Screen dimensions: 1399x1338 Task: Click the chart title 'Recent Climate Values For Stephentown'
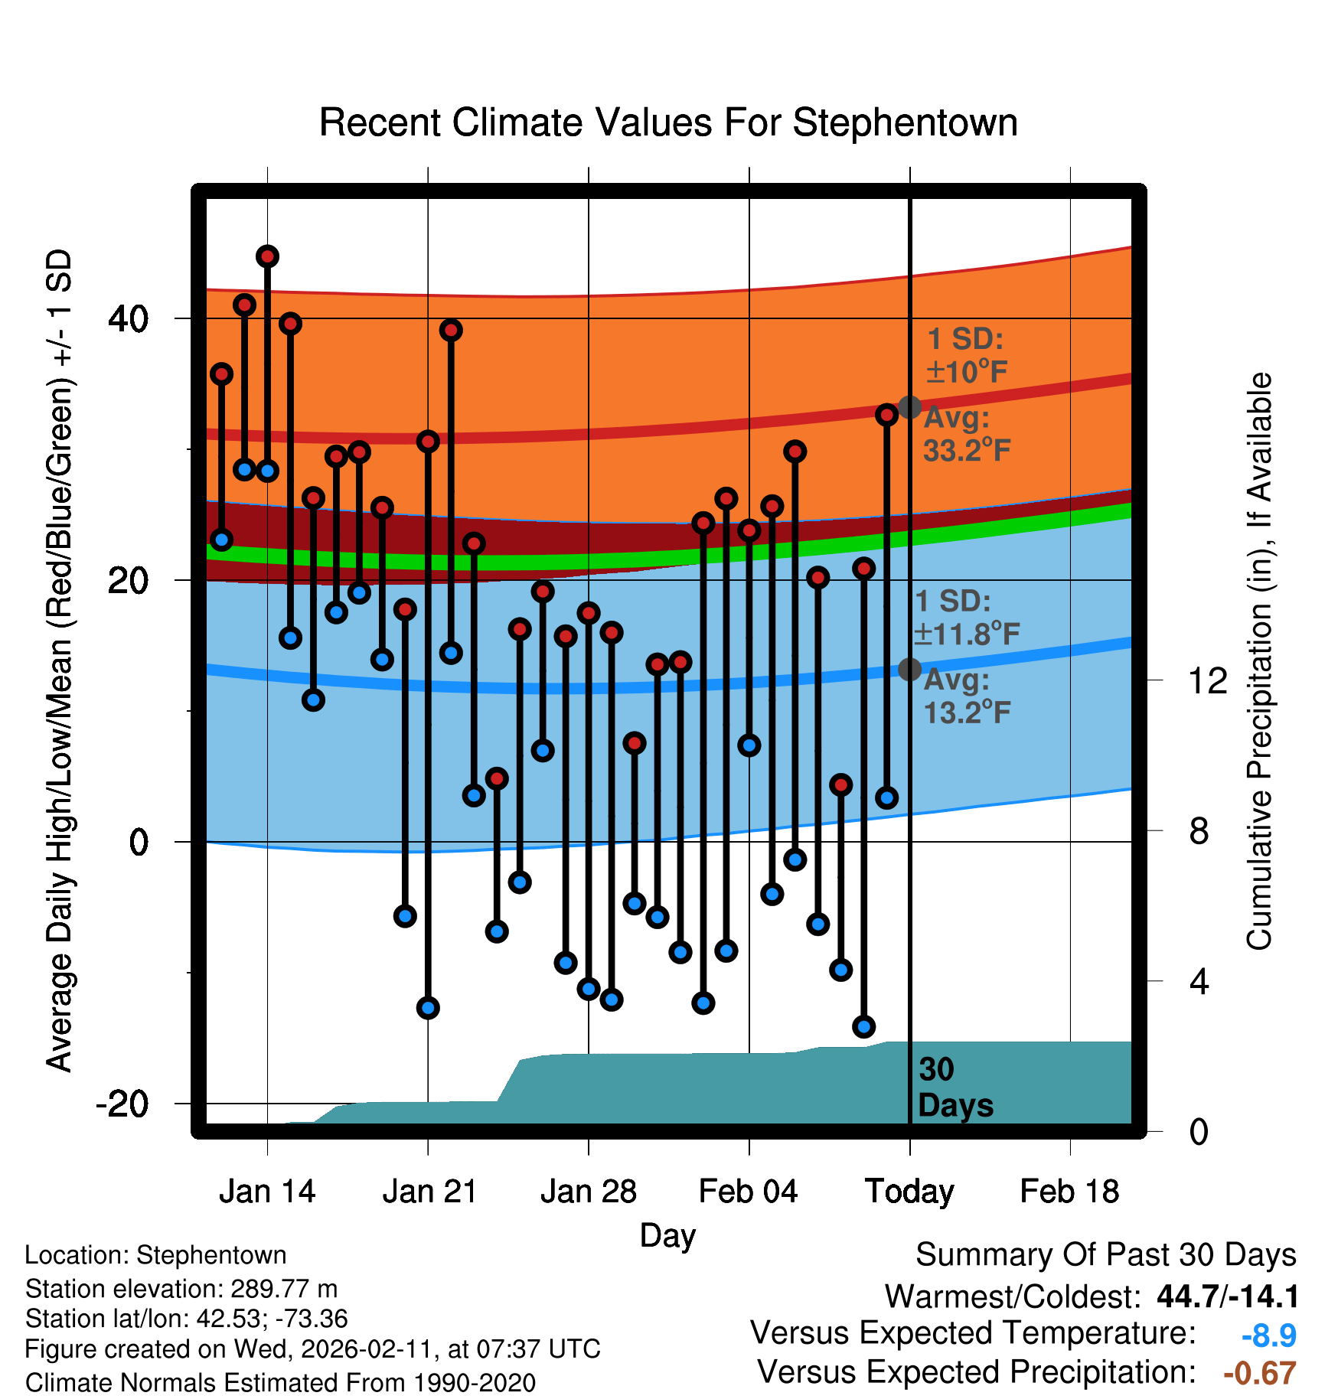click(x=668, y=123)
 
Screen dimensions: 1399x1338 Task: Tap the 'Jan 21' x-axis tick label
click(x=429, y=1192)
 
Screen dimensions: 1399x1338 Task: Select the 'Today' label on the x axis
click(x=909, y=1192)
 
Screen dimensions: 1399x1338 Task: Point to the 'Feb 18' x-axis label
click(x=1069, y=1192)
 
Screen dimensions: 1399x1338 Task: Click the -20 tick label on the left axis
click(x=122, y=1104)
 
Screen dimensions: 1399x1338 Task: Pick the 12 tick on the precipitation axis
click(x=1208, y=680)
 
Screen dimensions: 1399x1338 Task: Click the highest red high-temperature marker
click(x=267, y=256)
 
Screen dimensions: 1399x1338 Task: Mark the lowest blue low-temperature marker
click(x=864, y=1026)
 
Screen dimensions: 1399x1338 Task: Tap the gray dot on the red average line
click(x=909, y=407)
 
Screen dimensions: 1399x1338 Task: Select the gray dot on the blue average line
click(x=909, y=670)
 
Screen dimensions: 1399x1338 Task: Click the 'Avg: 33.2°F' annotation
click(x=966, y=434)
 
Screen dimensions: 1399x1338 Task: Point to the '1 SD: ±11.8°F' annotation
click(x=966, y=618)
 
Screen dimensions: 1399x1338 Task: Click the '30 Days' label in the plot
click(x=955, y=1088)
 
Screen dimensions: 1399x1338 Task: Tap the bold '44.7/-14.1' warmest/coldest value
click(x=1228, y=1296)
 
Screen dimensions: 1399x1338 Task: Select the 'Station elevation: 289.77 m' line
click(x=181, y=1289)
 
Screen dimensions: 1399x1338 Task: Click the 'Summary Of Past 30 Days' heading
click(x=1105, y=1255)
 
